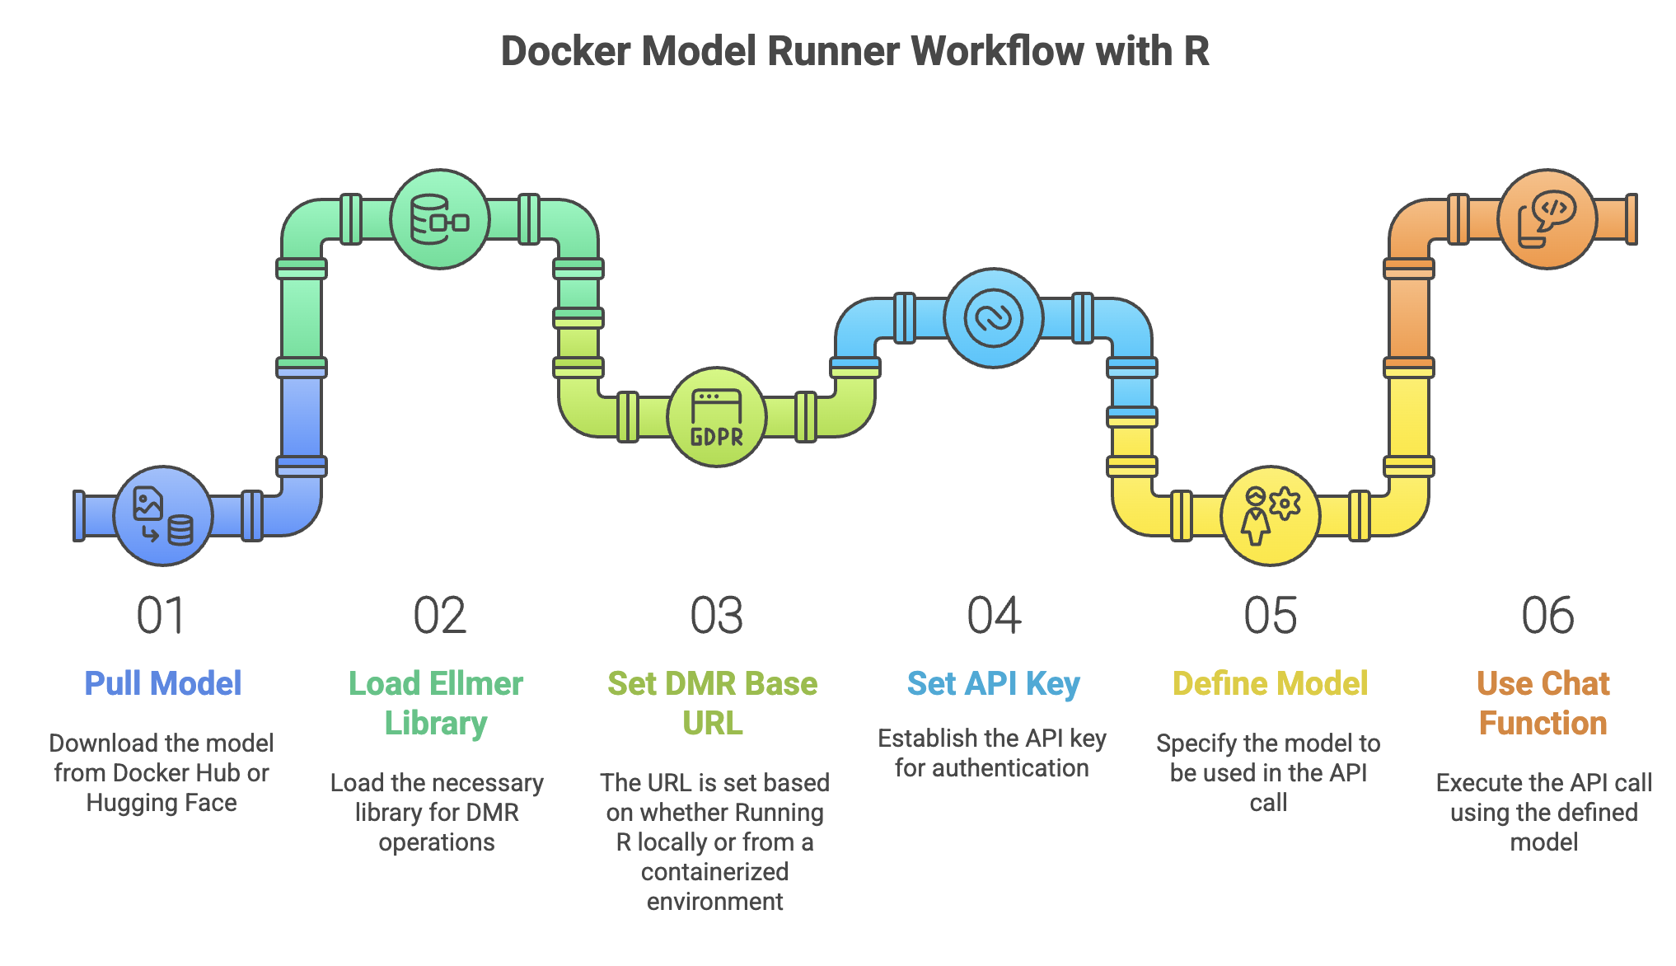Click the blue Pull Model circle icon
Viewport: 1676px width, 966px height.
click(x=163, y=516)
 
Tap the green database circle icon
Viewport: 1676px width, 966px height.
click(x=440, y=219)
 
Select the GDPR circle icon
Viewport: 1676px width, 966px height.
click(x=716, y=417)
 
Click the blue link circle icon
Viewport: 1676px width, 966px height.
click(x=994, y=318)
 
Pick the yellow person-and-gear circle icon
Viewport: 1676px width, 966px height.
click(x=1270, y=516)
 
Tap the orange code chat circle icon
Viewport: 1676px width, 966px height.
click(x=1547, y=219)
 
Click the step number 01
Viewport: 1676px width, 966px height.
click(x=161, y=616)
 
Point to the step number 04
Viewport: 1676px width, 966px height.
click(x=994, y=616)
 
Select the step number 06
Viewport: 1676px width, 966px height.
click(x=1547, y=616)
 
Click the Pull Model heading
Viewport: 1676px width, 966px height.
click(x=163, y=683)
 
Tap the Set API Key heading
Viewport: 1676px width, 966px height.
click(x=993, y=683)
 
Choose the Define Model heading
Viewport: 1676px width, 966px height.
click(x=1270, y=683)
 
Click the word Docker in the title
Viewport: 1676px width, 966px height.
click(x=566, y=51)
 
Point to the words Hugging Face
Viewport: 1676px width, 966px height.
click(x=162, y=803)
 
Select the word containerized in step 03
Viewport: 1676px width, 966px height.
click(x=714, y=871)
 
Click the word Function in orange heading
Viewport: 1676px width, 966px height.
click(x=1543, y=723)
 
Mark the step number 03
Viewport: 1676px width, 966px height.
click(x=716, y=616)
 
